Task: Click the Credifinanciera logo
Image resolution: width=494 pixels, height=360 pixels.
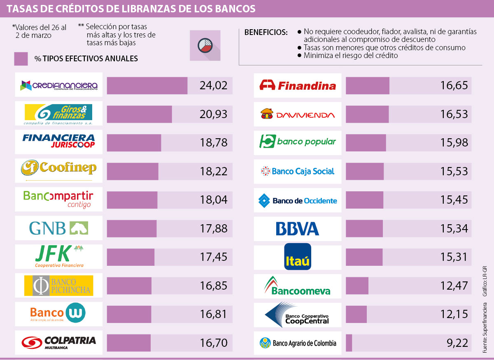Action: (x=59, y=86)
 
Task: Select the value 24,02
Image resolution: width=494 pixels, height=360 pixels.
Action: (x=213, y=86)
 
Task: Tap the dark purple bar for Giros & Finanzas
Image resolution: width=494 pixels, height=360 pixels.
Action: (x=139, y=114)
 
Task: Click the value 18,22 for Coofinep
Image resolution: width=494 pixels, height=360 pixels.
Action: (x=213, y=171)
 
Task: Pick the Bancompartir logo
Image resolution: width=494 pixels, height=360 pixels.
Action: (x=58, y=199)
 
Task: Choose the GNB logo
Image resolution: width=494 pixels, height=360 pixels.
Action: (x=59, y=228)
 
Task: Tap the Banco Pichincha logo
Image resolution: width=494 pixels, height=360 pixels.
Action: (x=58, y=285)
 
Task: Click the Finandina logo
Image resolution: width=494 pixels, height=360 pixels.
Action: (x=298, y=86)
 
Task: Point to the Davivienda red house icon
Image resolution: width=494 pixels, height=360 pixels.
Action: (x=267, y=114)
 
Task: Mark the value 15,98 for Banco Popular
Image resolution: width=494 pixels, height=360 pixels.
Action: (x=454, y=142)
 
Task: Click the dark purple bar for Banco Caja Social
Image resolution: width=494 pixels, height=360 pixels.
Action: (x=365, y=171)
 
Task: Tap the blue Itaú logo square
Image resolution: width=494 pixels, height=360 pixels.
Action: (x=298, y=257)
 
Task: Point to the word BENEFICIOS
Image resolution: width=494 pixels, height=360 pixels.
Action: (x=266, y=33)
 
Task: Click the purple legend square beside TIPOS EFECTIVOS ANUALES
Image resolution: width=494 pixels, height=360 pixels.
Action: (x=21, y=58)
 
